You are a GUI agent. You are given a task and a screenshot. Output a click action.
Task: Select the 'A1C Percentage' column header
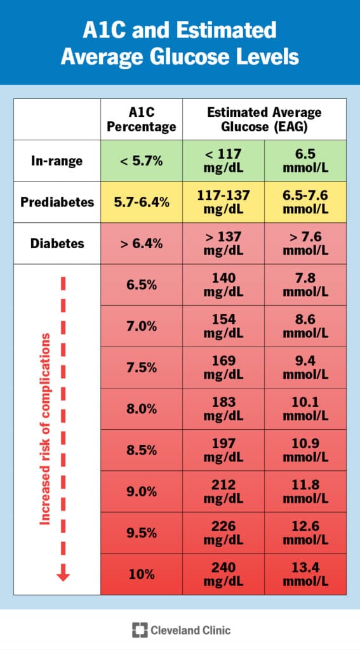[x=141, y=119]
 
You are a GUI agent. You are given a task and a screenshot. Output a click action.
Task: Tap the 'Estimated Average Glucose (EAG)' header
[x=264, y=119]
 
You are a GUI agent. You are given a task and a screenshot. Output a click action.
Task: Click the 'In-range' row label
[x=57, y=161]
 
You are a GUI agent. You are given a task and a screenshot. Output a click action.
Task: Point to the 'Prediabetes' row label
[x=57, y=202]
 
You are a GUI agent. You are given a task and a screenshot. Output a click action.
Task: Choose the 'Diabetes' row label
[x=57, y=243]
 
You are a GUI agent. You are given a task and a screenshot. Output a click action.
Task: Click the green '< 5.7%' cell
[x=141, y=161]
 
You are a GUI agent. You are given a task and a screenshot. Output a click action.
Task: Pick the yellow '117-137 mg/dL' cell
[x=223, y=202]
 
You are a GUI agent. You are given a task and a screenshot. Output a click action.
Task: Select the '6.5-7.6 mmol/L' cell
[x=305, y=202]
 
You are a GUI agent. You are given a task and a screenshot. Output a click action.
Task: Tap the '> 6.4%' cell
[x=141, y=243]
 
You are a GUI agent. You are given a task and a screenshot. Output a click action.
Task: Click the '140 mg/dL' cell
[x=223, y=284]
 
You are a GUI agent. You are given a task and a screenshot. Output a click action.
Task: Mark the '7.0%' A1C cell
[x=141, y=326]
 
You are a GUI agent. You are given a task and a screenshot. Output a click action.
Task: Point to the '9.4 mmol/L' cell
[x=305, y=368]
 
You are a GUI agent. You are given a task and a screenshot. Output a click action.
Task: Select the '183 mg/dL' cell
[x=223, y=409]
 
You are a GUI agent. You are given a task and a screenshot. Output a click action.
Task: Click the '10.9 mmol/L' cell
[x=305, y=450]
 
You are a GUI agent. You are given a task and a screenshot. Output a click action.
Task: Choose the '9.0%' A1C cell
[x=141, y=491]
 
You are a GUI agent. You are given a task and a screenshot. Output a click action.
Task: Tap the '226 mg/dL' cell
[x=223, y=533]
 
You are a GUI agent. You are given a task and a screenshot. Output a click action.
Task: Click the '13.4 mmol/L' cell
[x=305, y=574]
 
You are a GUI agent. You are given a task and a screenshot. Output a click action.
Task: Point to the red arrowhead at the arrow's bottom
[x=63, y=575]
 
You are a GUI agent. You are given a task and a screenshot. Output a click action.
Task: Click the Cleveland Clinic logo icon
[x=139, y=630]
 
